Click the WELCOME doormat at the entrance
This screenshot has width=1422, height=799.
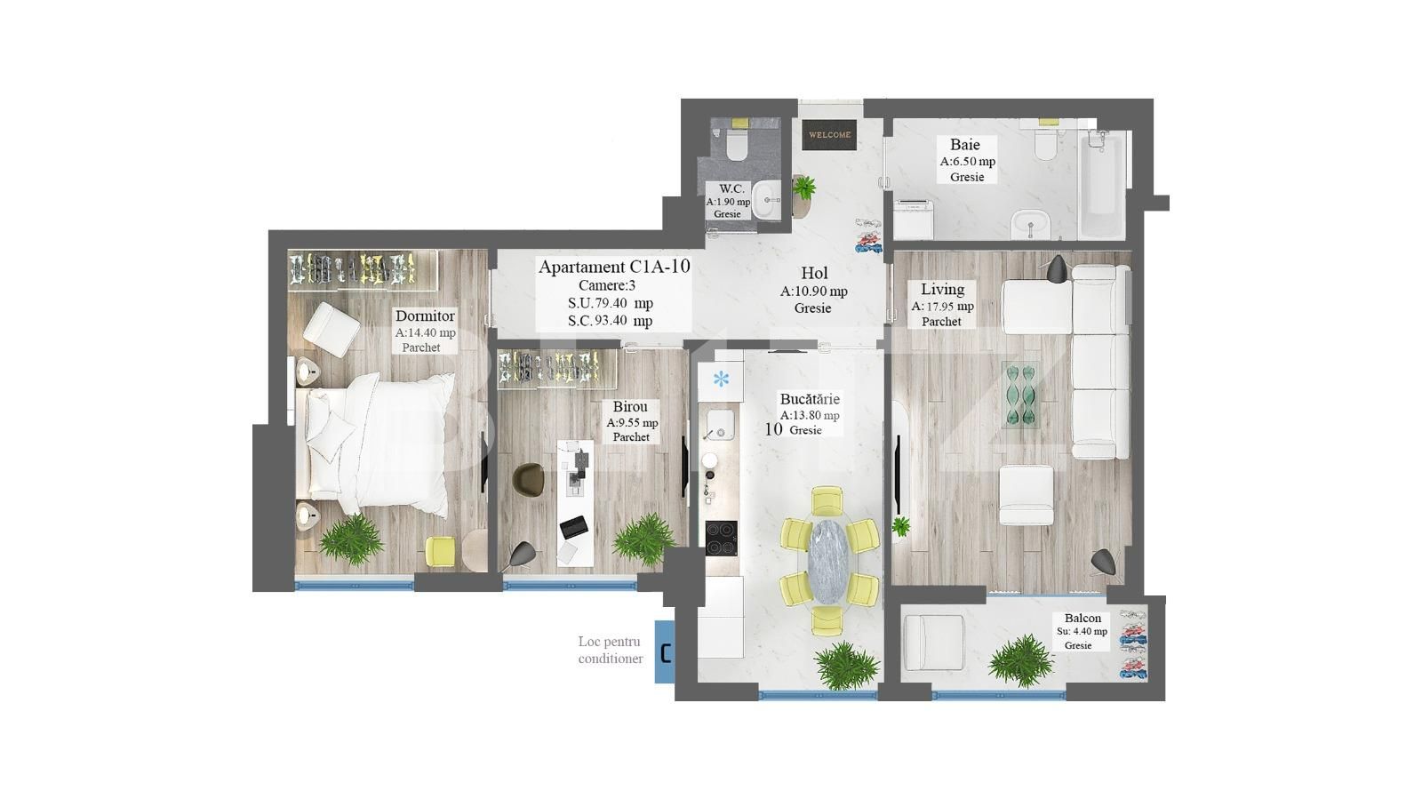point(829,135)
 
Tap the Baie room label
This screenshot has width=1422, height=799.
point(965,145)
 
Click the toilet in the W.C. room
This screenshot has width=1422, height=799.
point(736,144)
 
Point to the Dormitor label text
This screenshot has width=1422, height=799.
point(425,316)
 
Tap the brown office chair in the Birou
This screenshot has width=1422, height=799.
point(529,480)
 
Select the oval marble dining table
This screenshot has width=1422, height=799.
point(828,563)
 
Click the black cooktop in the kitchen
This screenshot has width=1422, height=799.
point(721,535)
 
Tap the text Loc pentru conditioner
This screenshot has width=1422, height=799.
point(610,650)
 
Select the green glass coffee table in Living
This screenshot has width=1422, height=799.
point(1021,394)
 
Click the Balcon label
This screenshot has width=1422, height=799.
point(1082,619)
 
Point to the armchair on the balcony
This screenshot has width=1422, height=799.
point(933,643)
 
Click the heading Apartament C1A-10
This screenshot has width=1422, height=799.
point(614,267)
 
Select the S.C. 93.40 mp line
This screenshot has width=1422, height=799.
point(610,321)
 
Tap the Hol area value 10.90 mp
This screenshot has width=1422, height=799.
point(813,291)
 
